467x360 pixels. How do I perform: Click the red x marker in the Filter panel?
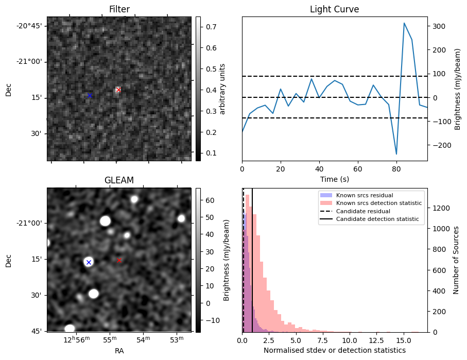pyautogui.click(x=118, y=90)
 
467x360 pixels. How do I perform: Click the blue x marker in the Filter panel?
pyautogui.click(x=90, y=95)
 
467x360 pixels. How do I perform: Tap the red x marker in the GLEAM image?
pyautogui.click(x=119, y=260)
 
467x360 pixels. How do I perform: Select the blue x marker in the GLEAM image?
pyautogui.click(x=89, y=262)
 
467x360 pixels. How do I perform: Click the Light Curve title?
pyautogui.click(x=334, y=9)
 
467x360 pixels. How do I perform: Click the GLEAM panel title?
pyautogui.click(x=119, y=180)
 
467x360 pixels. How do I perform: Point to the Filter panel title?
pyautogui.click(x=119, y=9)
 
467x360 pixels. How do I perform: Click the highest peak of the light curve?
pyautogui.click(x=404, y=23)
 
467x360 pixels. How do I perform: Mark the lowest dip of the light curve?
pyautogui.click(x=396, y=154)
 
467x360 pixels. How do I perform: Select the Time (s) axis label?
pyautogui.click(x=334, y=179)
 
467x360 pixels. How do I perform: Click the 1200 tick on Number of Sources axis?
pyautogui.click(x=441, y=208)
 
